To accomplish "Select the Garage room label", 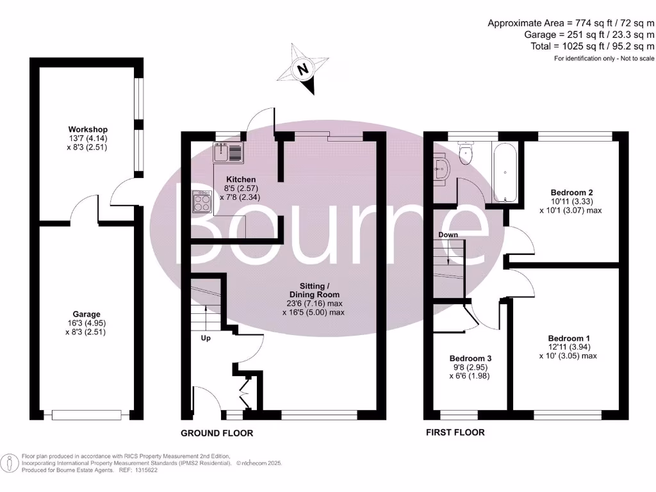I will (86, 314).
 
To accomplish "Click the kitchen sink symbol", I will (228, 153).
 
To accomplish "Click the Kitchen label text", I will (241, 179).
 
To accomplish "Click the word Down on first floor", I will (448, 235).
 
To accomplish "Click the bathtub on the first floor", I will (505, 173).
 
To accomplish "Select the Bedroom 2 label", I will (571, 192).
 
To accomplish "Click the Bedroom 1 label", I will (568, 338).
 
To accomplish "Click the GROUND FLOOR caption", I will (217, 433).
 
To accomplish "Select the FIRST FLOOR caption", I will (455, 432).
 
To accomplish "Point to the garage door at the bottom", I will (86, 414).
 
